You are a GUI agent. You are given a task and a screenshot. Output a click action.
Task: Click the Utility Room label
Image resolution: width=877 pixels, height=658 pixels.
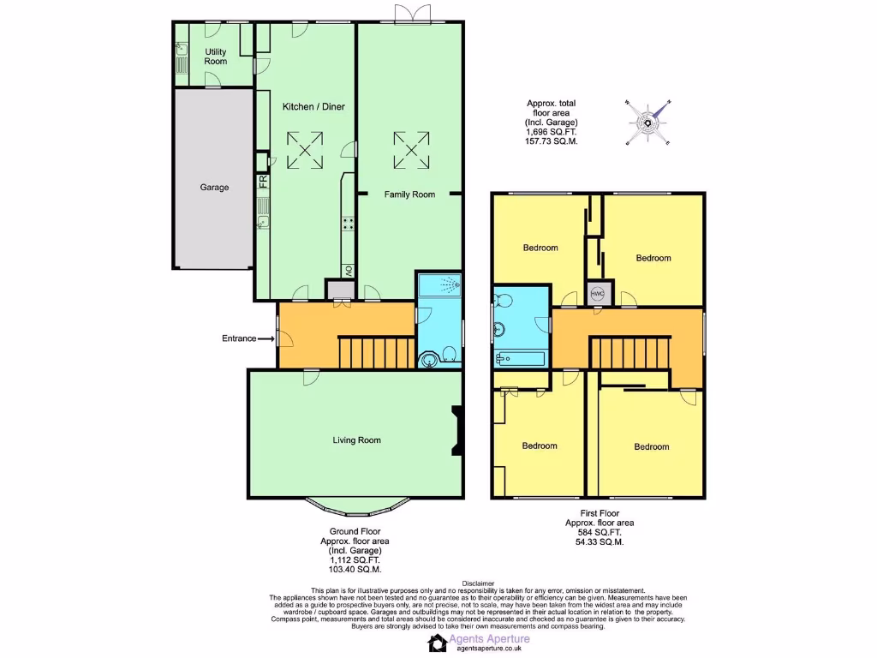point(216,57)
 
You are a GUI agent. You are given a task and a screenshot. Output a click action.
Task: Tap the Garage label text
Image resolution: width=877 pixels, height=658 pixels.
point(214,187)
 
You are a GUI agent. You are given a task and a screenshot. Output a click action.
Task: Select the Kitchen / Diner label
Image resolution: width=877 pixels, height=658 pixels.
point(313,106)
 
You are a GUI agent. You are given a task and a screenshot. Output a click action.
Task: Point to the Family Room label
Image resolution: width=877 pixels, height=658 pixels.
point(409,194)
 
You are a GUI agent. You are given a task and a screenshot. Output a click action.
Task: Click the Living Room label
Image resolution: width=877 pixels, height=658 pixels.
point(356,440)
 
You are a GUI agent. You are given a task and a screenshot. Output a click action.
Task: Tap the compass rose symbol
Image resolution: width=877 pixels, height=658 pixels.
point(648,123)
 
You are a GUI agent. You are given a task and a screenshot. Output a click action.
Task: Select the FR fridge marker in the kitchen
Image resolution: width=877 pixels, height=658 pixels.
point(264,182)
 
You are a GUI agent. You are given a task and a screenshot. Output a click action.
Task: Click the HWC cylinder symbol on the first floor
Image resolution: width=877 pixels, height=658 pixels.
point(599,294)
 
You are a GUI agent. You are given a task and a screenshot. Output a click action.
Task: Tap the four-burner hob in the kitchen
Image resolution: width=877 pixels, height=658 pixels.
point(349,224)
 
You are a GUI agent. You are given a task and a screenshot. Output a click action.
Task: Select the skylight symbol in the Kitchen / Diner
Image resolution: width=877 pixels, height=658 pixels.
point(305,149)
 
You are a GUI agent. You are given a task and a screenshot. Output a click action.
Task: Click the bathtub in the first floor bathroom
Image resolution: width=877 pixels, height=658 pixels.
point(521,356)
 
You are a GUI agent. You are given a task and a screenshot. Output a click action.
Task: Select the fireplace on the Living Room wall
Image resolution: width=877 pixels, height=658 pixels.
point(456,431)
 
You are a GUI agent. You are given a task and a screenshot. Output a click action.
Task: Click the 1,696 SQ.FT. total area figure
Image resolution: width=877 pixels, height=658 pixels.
point(552,132)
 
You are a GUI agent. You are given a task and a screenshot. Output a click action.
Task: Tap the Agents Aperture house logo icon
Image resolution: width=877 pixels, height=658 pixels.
point(438,643)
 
